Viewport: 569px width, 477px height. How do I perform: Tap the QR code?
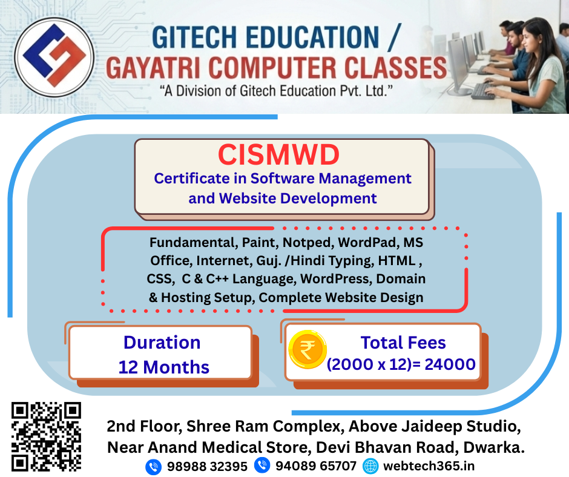tap(46, 436)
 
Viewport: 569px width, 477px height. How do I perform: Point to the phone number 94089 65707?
tap(316, 466)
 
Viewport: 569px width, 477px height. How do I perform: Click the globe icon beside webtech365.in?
tap(370, 466)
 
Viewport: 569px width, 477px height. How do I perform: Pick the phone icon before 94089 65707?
tap(262, 465)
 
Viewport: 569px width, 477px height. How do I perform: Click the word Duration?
tap(162, 343)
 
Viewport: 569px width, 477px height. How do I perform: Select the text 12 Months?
tap(164, 367)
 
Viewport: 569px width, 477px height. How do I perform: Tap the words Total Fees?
tap(403, 343)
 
